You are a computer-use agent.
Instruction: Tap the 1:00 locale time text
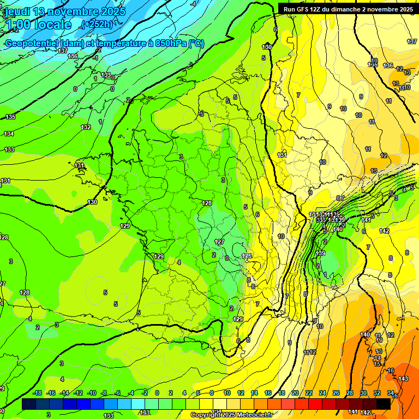[39, 25]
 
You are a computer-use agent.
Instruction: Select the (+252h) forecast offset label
[96, 25]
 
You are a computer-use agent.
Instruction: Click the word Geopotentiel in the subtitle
[33, 44]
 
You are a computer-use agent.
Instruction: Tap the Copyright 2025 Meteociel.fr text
[231, 415]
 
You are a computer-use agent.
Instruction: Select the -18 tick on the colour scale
[38, 393]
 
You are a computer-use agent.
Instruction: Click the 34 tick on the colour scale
[391, 393]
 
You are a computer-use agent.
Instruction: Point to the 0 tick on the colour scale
[157, 393]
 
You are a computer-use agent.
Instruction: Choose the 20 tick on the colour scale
[295, 393]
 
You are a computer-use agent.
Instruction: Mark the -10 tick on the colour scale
[92, 393]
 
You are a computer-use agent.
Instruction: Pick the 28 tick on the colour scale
[350, 393]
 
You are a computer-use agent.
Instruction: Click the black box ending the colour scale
[384, 404]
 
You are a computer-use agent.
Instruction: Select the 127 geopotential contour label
[220, 242]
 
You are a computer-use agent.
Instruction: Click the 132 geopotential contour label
[86, 127]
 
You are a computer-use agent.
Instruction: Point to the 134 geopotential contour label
[9, 134]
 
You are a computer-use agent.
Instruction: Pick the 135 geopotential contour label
[11, 117]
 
